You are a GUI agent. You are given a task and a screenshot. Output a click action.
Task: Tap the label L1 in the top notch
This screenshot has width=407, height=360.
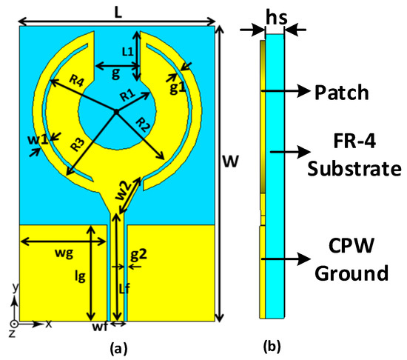coord(126,50)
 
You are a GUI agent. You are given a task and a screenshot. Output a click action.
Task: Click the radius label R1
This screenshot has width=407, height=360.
coord(127,95)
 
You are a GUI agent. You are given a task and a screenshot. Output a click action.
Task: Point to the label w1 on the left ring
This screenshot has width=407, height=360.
coord(39,139)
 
